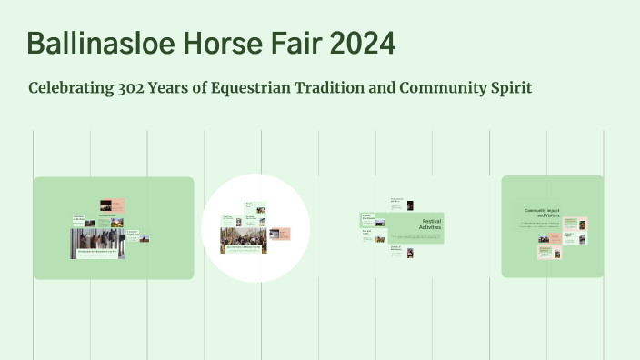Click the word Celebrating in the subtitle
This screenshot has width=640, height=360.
pos(70,88)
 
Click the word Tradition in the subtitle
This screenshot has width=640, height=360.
pos(338,88)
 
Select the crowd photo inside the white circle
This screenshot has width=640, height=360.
pos(242,238)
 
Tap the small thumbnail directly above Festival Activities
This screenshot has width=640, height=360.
pos(410,205)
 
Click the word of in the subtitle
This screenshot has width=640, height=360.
pos(206,88)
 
